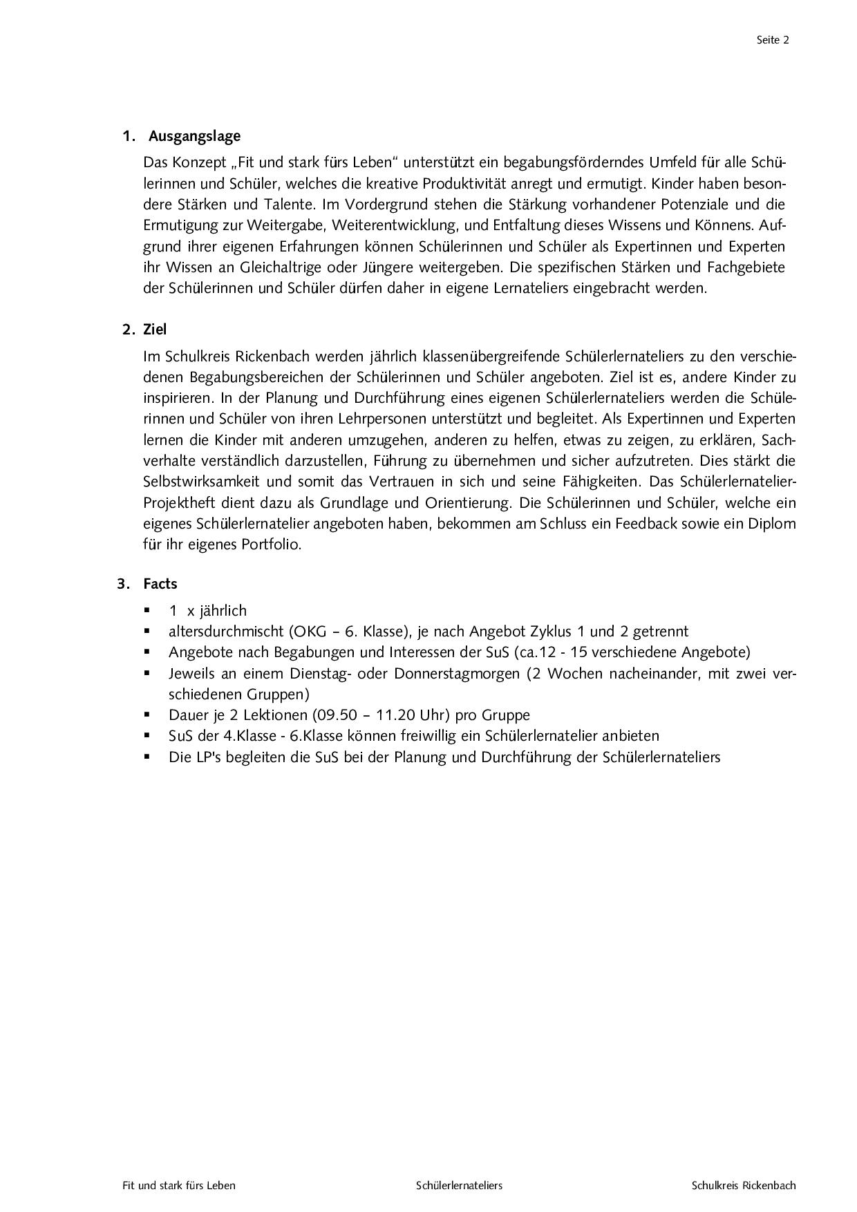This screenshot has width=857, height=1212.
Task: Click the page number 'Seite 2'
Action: [x=773, y=40]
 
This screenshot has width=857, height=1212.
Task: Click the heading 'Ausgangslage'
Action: [x=194, y=136]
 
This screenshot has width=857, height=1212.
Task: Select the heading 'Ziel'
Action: [x=155, y=330]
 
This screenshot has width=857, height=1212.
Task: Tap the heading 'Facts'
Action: [x=160, y=584]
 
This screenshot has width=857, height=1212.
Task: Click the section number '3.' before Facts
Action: [x=124, y=584]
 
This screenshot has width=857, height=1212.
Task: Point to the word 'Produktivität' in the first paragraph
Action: [x=465, y=184]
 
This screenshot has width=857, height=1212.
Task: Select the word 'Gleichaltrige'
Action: [x=280, y=267]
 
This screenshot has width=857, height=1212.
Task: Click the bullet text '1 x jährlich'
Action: [x=207, y=611]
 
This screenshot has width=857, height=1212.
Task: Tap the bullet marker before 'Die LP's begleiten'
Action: [x=147, y=757]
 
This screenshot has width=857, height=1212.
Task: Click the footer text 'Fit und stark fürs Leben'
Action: [x=179, y=1186]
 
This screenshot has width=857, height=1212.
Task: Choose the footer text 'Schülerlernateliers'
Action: [x=459, y=1186]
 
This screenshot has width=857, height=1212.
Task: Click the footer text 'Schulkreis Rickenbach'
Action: [x=744, y=1186]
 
